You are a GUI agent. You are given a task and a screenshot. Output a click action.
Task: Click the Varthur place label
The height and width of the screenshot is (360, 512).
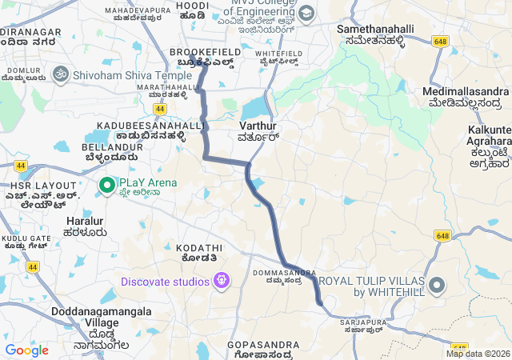[x=257, y=126]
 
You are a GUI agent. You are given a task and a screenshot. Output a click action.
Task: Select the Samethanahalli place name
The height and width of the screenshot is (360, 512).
[x=375, y=29]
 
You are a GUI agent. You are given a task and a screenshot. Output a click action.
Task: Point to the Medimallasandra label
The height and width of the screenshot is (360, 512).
[x=465, y=92]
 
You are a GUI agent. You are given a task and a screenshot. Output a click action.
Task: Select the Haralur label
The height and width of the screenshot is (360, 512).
[x=85, y=221]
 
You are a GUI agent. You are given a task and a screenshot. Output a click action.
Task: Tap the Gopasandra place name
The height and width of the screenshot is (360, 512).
[x=263, y=345]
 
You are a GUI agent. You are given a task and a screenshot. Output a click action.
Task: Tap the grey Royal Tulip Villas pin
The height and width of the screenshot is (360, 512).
[x=437, y=286]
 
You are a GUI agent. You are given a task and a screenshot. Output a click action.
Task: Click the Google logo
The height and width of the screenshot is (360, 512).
[x=26, y=350]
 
